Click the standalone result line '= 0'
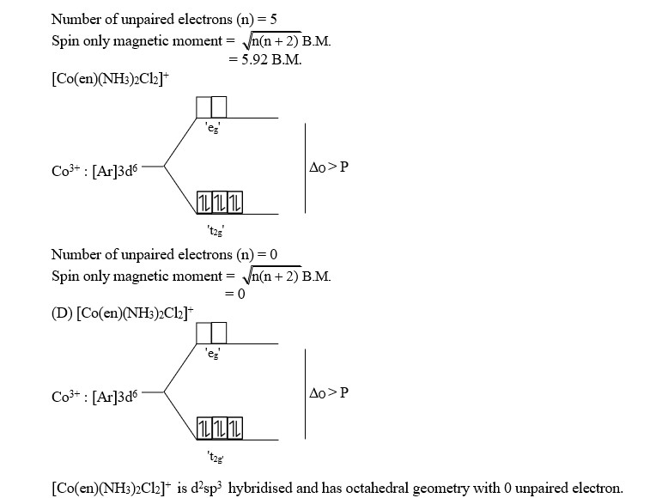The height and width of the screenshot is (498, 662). [235, 294]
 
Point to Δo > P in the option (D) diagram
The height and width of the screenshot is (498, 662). [330, 393]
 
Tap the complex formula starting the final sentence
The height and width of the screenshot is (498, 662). [132, 488]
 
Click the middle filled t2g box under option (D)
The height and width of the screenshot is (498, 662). [218, 427]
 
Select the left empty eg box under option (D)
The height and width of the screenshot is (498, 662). [204, 332]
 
